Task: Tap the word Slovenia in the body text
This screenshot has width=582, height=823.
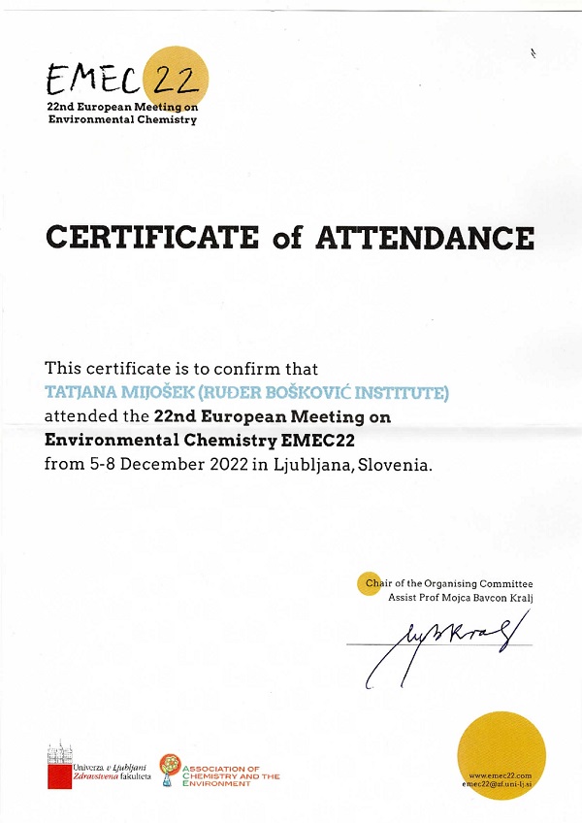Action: (394, 465)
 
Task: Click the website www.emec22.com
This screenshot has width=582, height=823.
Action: (501, 774)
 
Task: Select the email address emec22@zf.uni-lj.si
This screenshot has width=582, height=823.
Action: (499, 783)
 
